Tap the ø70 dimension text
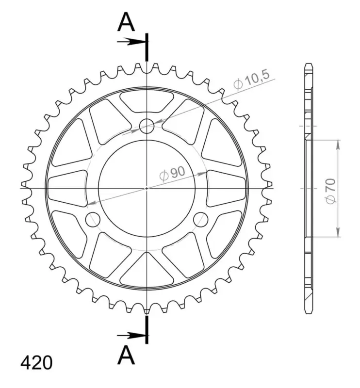tap(331, 191)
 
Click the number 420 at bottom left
tap(36, 363)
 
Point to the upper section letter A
tap(126, 22)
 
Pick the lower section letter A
tap(126, 355)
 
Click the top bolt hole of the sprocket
tap(147, 126)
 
